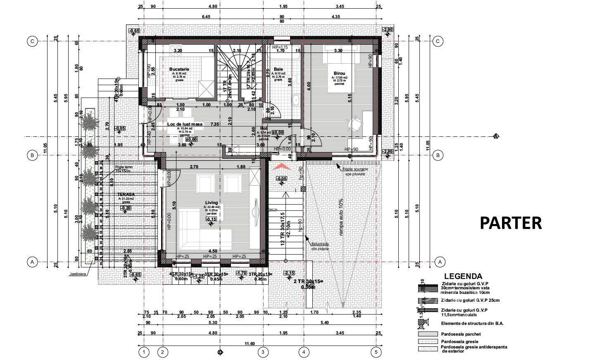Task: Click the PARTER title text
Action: pyautogui.click(x=511, y=223)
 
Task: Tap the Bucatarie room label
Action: pyautogui.click(x=179, y=69)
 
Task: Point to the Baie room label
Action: pyautogui.click(x=278, y=69)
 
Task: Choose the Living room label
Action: pyautogui.click(x=211, y=203)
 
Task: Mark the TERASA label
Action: pyautogui.click(x=126, y=194)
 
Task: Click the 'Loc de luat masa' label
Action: pyautogui.click(x=185, y=124)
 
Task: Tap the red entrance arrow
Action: pyautogui.click(x=281, y=166)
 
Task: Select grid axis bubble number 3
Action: pyautogui.click(x=263, y=352)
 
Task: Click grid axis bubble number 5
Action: pyautogui.click(x=376, y=352)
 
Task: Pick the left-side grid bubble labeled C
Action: pyautogui.click(x=32, y=41)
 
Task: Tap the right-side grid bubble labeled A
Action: pyautogui.click(x=440, y=262)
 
